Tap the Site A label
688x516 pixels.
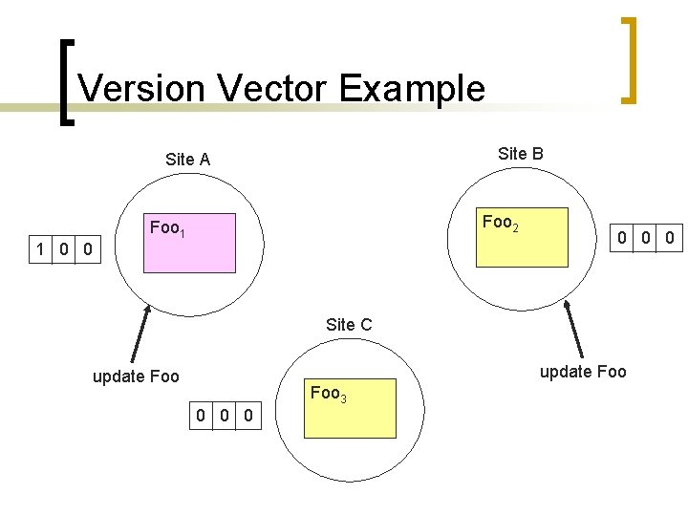point(187,160)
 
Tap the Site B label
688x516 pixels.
point(521,153)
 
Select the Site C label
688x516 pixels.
point(349,325)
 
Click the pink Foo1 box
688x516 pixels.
point(189,244)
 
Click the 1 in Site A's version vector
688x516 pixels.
point(39,250)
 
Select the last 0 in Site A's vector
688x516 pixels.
point(87,250)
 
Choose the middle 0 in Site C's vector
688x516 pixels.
point(224,415)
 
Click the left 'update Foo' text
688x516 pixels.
point(136,376)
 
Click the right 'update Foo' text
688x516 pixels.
point(583,371)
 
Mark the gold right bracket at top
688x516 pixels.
point(628,59)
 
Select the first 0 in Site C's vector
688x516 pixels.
point(200,415)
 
